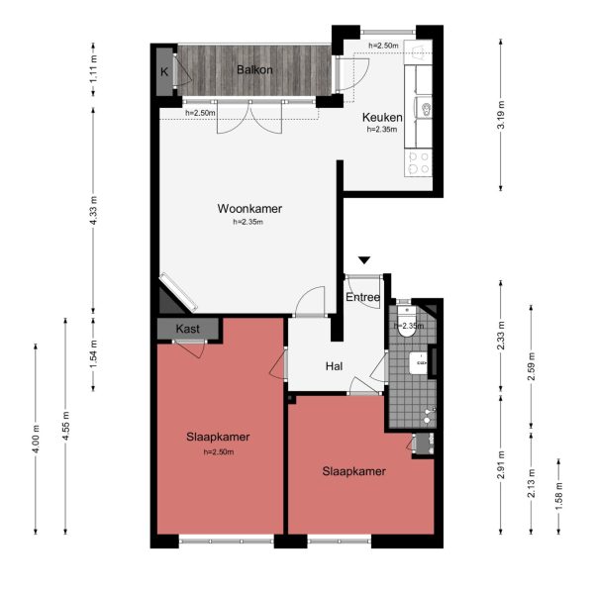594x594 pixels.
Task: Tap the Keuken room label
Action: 381,116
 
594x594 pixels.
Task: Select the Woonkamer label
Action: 249,209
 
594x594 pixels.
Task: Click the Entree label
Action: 362,297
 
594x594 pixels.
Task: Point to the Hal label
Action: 334,367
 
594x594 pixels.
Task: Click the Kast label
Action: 188,329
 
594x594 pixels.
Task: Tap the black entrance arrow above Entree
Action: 364,260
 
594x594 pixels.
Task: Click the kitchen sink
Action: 425,109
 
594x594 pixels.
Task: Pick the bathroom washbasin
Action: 422,362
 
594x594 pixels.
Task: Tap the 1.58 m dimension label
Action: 559,492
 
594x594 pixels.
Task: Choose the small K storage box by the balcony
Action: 164,71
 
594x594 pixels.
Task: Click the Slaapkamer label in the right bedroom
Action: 353,471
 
